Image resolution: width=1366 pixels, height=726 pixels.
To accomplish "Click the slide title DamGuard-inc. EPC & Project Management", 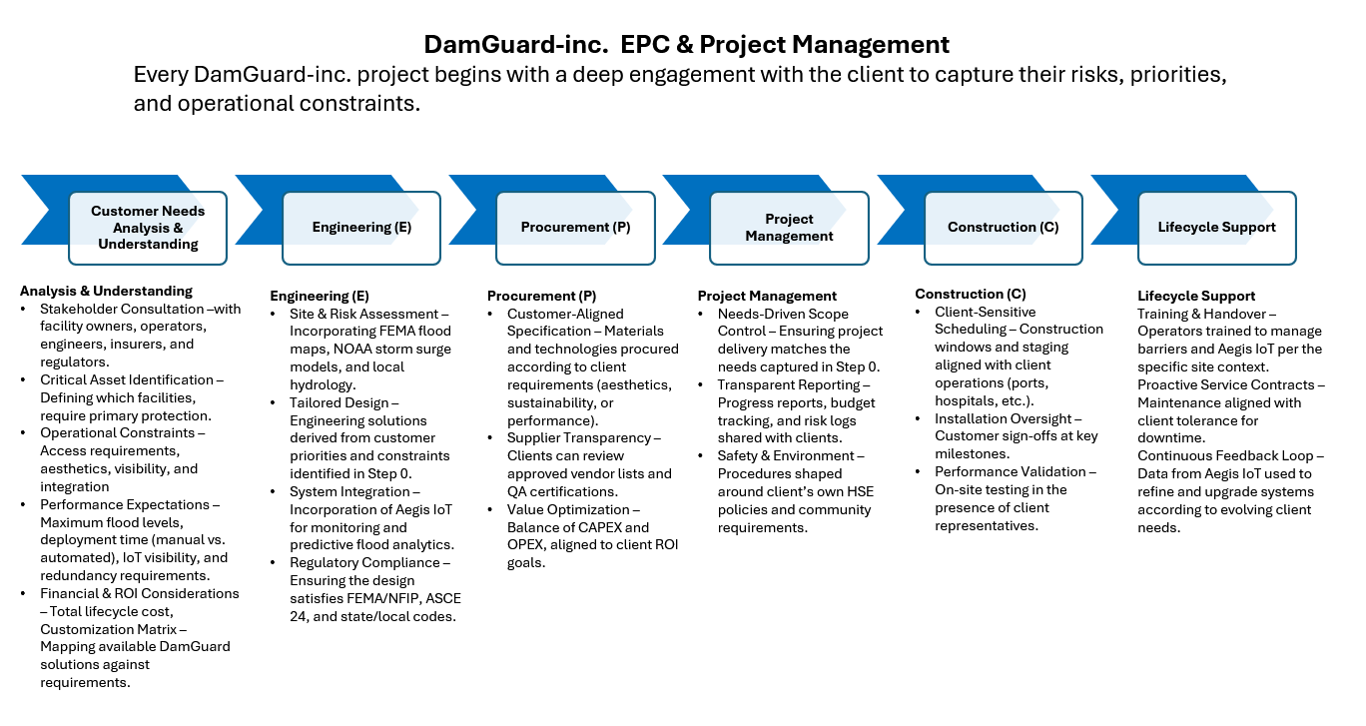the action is tap(686, 45).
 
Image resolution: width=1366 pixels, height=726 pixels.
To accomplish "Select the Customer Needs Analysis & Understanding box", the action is tap(148, 228).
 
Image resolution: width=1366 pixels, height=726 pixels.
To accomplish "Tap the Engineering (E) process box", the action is tap(361, 228).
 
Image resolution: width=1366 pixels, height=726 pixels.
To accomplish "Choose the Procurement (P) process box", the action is tap(575, 228).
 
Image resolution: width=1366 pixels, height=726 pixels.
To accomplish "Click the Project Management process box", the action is tap(789, 228).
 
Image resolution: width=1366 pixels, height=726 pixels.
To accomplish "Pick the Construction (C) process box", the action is tap(1003, 228).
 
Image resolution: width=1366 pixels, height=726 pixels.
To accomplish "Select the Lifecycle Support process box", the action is tap(1216, 228).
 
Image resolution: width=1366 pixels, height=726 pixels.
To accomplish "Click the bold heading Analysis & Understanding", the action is tap(106, 291).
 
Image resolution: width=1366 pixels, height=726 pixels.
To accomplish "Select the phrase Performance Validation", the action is tap(1010, 471).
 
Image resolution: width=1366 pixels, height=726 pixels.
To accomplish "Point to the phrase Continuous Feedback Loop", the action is tap(1224, 455).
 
